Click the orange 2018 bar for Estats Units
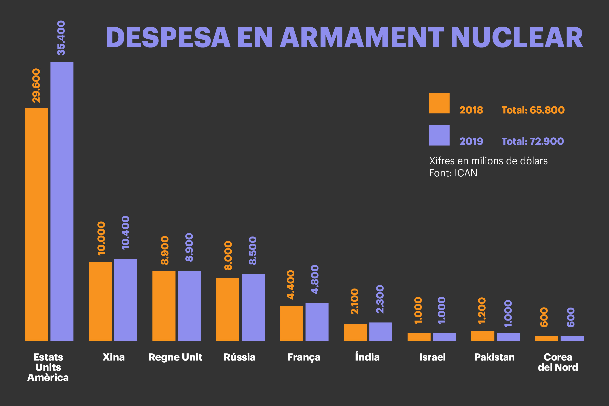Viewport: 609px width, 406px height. (x=36, y=224)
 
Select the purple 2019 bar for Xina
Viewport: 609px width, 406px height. (x=126, y=300)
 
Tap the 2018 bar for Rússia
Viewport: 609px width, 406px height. (x=228, y=309)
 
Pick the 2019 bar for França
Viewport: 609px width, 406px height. (x=317, y=322)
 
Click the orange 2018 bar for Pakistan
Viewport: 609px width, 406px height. (x=483, y=336)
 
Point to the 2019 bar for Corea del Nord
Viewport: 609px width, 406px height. (x=572, y=338)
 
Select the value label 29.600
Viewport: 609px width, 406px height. (x=37, y=85)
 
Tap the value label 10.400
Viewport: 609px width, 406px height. (x=126, y=232)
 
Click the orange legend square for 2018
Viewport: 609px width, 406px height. (x=439, y=103)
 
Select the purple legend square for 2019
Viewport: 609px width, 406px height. (x=439, y=135)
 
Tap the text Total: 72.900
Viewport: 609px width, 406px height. (x=533, y=141)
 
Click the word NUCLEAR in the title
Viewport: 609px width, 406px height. (x=517, y=38)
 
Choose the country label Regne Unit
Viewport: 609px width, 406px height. (x=175, y=357)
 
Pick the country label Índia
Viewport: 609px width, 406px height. (x=367, y=357)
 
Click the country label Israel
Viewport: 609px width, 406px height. (x=432, y=357)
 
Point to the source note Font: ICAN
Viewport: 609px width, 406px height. (x=453, y=173)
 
